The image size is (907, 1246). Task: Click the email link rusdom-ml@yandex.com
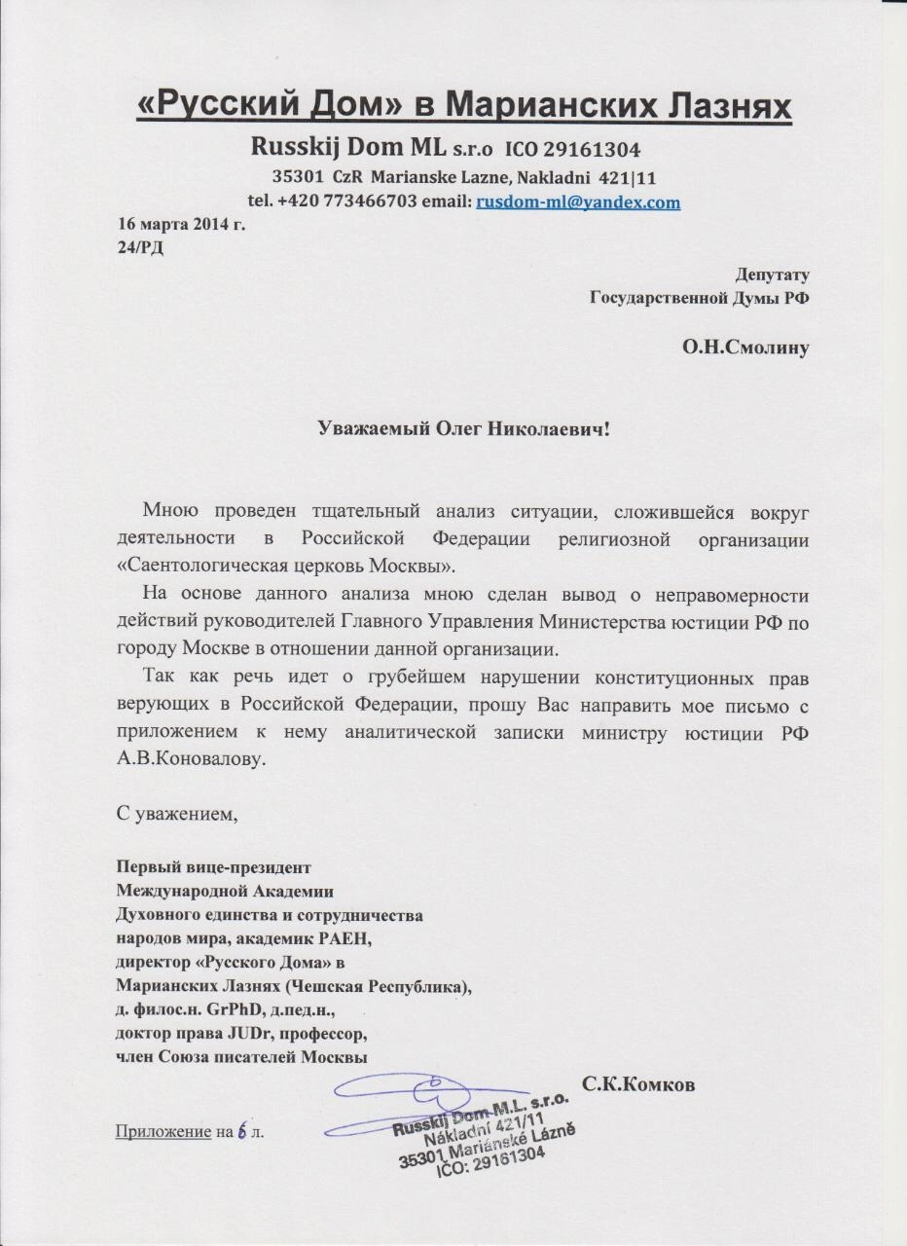[577, 202]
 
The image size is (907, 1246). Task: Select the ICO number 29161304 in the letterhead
[589, 151]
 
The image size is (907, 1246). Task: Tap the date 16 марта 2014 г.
[181, 225]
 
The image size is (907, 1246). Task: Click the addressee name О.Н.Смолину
[745, 346]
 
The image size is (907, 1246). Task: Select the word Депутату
[773, 275]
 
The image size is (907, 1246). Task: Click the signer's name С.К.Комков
[637, 1082]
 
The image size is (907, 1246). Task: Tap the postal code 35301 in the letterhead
[297, 178]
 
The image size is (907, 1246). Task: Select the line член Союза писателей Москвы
[240, 1057]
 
